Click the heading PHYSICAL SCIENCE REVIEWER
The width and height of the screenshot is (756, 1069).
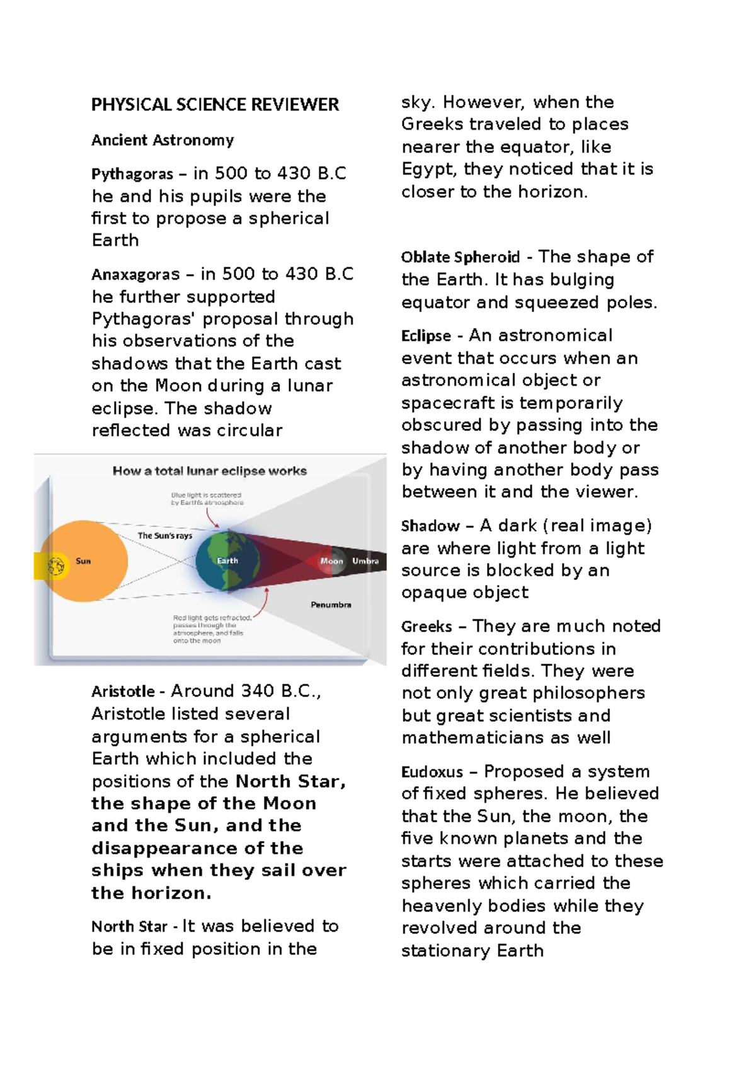coord(215,105)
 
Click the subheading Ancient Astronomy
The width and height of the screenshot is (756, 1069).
coord(163,140)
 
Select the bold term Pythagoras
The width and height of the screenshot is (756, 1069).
coord(132,174)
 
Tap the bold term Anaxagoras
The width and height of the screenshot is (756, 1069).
coord(135,275)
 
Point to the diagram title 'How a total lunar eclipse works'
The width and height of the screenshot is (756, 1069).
coord(209,471)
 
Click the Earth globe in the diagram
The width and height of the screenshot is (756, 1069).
coord(224,560)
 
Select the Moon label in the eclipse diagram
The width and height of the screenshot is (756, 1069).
coord(331,561)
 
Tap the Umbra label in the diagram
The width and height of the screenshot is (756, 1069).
coord(365,561)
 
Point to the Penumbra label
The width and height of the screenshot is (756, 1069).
coord(331,604)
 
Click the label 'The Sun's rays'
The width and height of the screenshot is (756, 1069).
coord(164,536)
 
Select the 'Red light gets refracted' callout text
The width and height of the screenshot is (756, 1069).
coord(212,629)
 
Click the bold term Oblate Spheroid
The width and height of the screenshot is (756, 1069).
coord(460,257)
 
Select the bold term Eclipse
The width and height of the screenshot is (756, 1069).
coord(426,336)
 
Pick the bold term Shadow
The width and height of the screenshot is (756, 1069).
coord(430,526)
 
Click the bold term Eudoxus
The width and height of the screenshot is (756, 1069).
coord(432,772)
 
